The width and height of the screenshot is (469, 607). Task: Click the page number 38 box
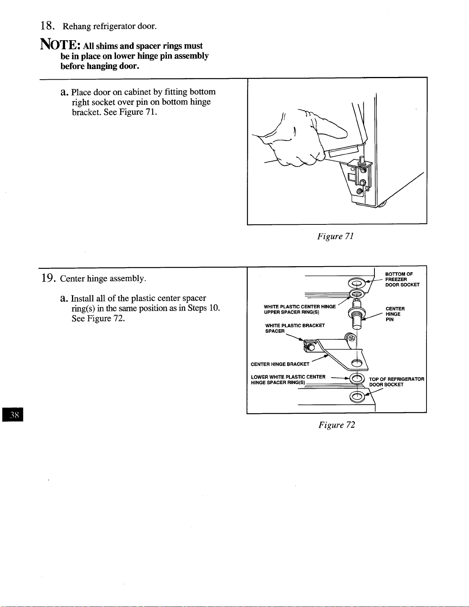point(13,414)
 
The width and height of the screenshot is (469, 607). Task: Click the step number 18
point(47,26)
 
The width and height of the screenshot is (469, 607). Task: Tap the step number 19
point(48,278)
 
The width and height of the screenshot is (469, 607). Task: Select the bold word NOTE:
point(60,44)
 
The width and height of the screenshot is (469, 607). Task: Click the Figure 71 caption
point(335,236)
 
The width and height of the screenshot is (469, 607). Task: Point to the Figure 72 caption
point(337,425)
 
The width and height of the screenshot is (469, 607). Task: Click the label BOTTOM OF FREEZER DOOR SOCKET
point(402,279)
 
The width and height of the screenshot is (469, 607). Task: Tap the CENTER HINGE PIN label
point(395,314)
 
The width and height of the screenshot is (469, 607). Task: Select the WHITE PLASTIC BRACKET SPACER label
point(295,328)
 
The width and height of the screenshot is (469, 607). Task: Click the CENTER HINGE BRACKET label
point(280,364)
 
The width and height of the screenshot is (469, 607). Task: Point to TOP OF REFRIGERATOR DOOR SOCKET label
point(397,382)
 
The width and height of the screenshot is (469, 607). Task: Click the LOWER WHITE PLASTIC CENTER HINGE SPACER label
point(288,380)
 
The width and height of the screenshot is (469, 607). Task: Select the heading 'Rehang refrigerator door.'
point(109,26)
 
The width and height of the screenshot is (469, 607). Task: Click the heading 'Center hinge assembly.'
point(103,278)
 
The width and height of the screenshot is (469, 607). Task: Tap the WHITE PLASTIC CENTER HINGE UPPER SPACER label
point(300,309)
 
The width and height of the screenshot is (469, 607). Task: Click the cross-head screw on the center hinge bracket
point(352,339)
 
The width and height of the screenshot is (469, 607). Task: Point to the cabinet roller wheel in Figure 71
point(382,204)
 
